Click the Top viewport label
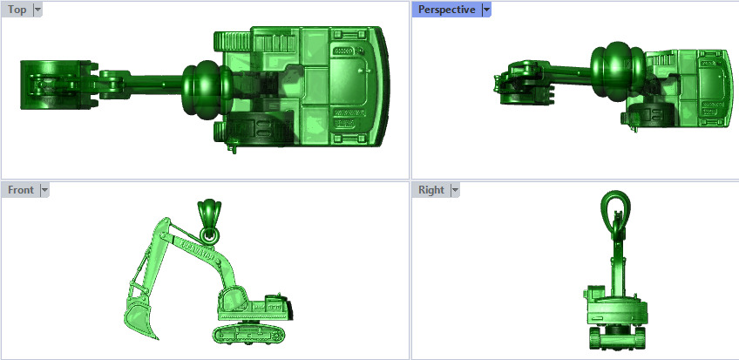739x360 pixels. click(17, 10)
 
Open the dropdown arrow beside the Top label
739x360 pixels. click(37, 10)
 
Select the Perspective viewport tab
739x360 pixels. click(446, 10)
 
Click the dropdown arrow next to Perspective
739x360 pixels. click(486, 10)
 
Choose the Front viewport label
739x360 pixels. click(20, 189)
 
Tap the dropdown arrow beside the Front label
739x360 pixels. click(44, 189)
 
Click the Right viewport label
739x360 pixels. click(431, 189)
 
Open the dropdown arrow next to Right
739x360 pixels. click(454, 189)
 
